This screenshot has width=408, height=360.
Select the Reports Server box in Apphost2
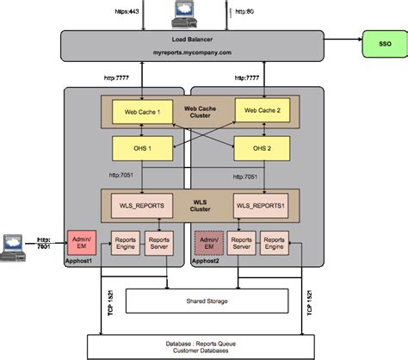243,243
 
